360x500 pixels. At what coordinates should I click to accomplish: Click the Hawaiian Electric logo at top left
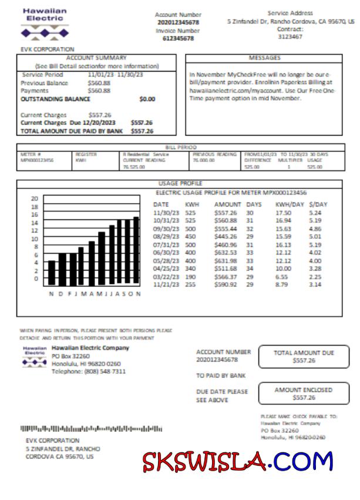pos(45,22)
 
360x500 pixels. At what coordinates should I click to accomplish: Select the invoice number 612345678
pos(178,38)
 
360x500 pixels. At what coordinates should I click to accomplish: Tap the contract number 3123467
pos(290,36)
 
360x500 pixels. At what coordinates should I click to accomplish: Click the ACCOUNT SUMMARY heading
pos(96,58)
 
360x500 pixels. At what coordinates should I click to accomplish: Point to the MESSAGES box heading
pos(264,58)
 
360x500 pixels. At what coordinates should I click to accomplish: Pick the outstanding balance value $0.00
pos(147,99)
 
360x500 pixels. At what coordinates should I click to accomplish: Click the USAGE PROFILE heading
pos(180,183)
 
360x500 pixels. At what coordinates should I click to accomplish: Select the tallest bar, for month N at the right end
pos(136,251)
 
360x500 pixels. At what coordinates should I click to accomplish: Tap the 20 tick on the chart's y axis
pos(35,199)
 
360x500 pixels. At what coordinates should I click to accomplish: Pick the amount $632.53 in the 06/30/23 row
pos(226,253)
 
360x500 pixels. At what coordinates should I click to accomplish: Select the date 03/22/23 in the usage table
pos(165,276)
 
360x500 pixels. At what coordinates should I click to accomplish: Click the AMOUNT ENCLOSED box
pos(303,393)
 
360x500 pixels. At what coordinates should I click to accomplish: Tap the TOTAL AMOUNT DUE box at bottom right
pos(303,357)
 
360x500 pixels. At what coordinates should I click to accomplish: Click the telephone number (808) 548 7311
pos(88,371)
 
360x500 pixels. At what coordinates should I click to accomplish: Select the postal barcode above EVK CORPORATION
pos(91,429)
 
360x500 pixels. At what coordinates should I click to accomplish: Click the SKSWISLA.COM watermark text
pos(237,462)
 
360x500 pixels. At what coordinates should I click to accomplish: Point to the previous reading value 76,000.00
pos(203,159)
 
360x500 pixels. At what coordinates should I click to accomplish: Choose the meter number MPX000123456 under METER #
pos(37,159)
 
